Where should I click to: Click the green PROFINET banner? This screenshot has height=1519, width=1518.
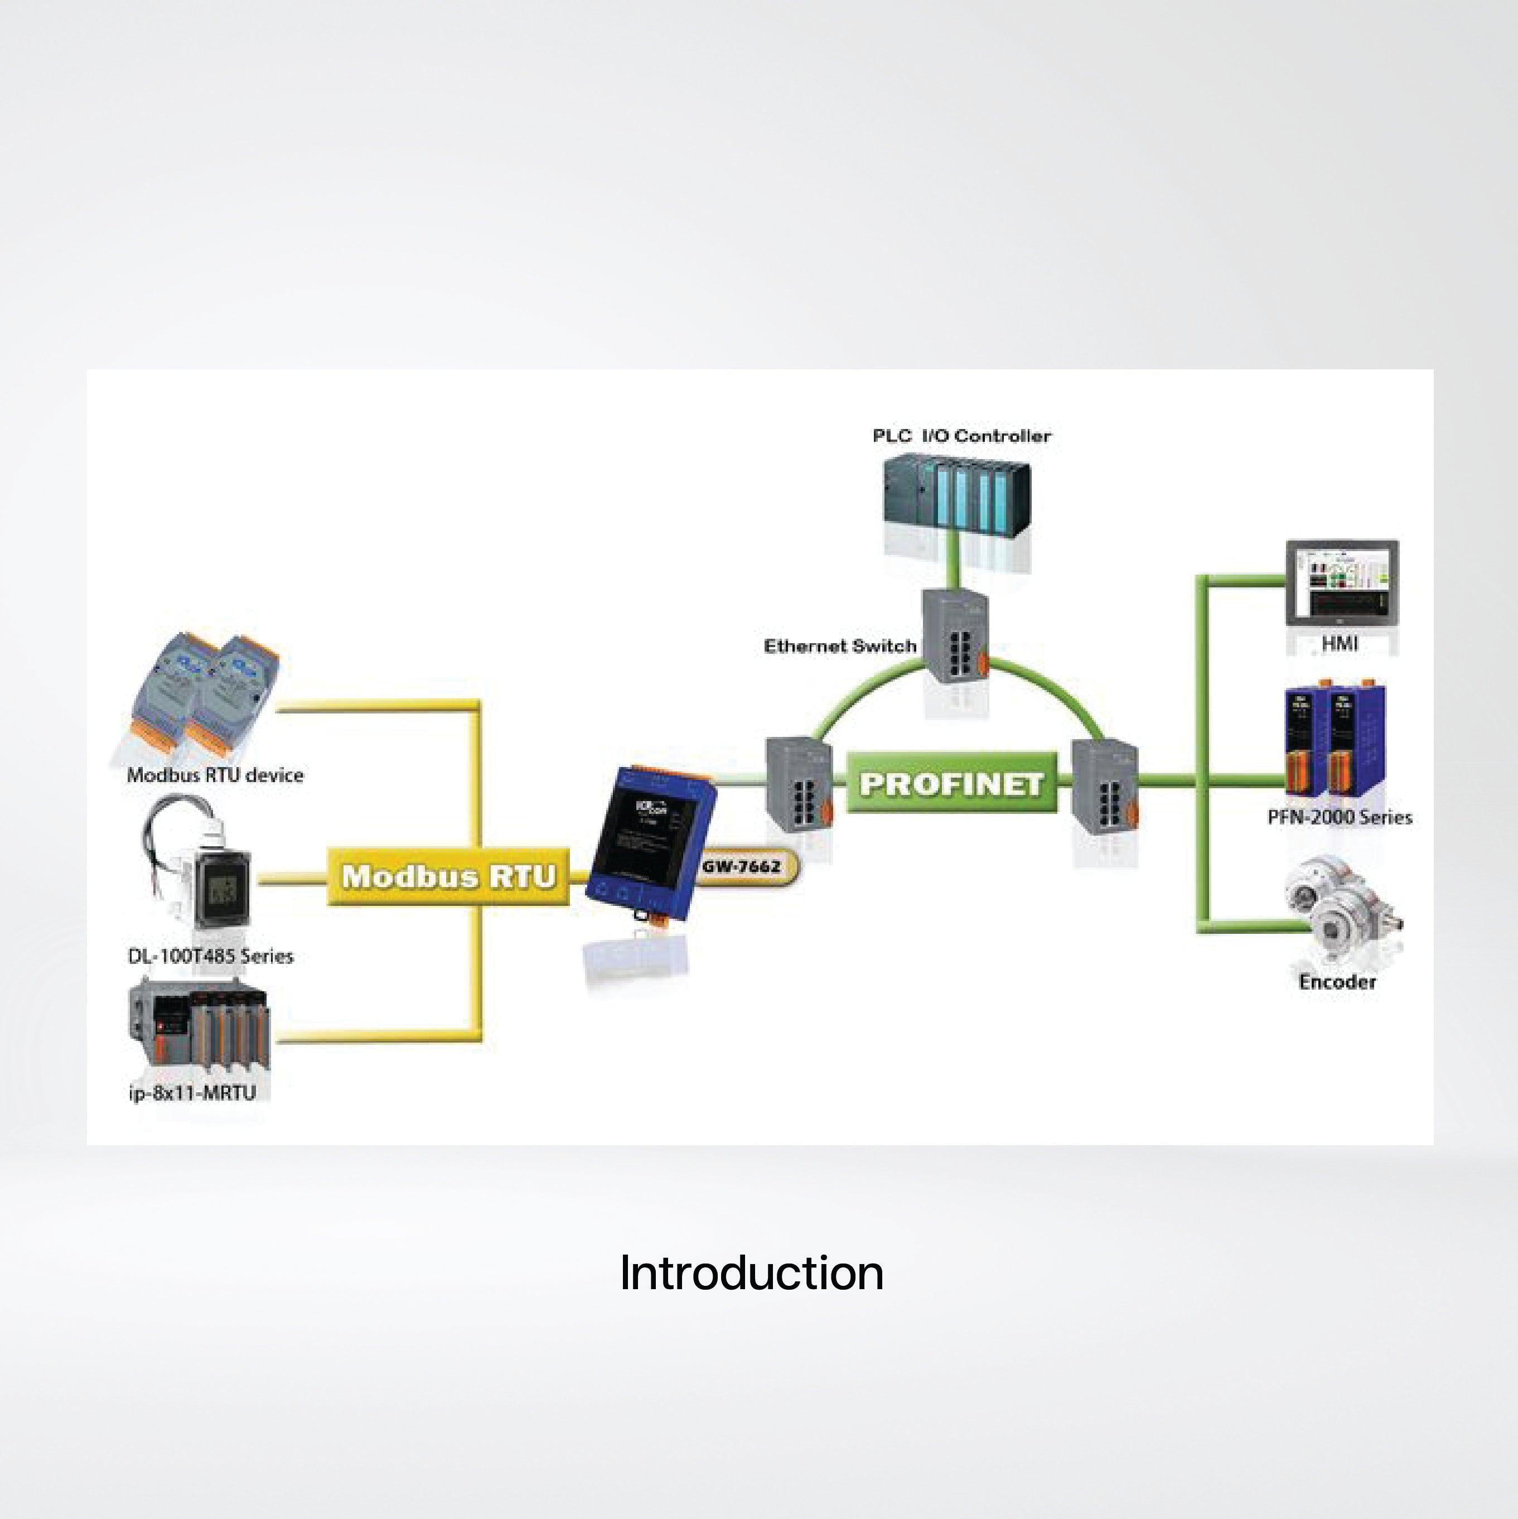coord(951,784)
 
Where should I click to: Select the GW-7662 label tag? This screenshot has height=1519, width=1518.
coord(743,866)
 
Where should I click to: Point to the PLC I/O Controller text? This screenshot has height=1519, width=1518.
coord(961,436)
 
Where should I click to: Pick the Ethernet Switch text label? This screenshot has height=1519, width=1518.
coord(839,647)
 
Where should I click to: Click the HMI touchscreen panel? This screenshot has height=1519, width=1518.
coord(1342,582)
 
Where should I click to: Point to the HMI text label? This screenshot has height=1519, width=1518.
coord(1340,644)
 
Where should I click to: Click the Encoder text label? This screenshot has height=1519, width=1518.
coord(1337,982)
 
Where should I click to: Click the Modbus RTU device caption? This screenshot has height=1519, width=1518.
coord(215,775)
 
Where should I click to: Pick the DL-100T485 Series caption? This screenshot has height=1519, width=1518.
coord(210,956)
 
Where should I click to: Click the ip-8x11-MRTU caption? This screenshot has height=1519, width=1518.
coord(192,1093)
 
